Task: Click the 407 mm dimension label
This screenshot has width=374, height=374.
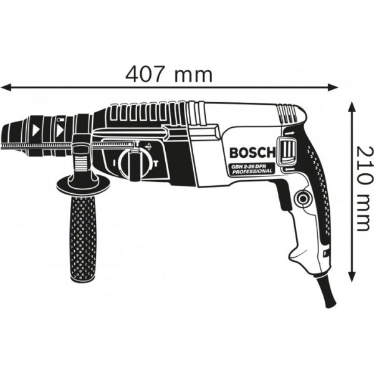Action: pyautogui.click(x=170, y=74)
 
